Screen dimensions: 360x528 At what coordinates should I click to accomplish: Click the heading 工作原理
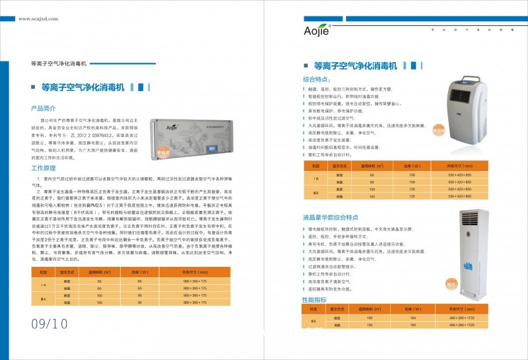coord(44,168)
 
